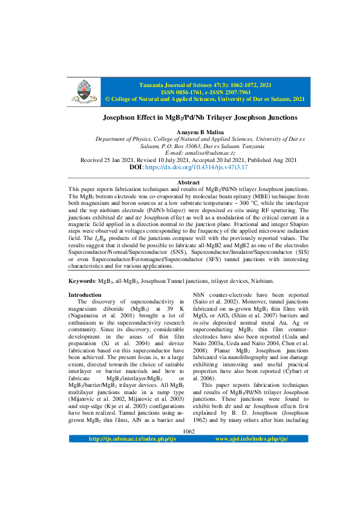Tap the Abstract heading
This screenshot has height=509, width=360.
pos(189,182)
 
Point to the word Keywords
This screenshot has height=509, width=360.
pos(82,280)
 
